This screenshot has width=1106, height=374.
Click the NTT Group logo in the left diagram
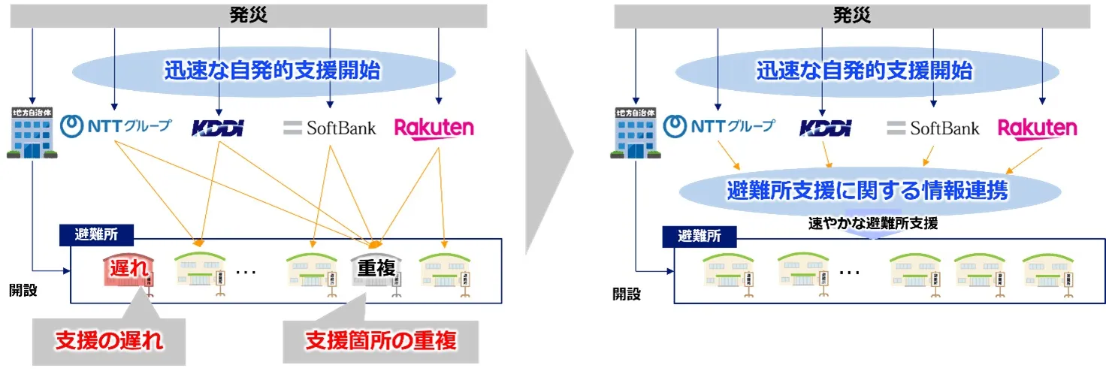coord(116,125)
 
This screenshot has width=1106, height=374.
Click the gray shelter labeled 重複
coord(376,269)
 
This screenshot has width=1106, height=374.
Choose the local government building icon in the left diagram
coord(32,133)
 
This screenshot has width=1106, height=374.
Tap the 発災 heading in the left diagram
coord(248,14)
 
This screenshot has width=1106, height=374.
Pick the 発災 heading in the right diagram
coord(851,15)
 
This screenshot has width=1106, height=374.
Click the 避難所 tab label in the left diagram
coord(96,234)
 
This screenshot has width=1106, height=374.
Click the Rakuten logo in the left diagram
coord(434,128)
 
